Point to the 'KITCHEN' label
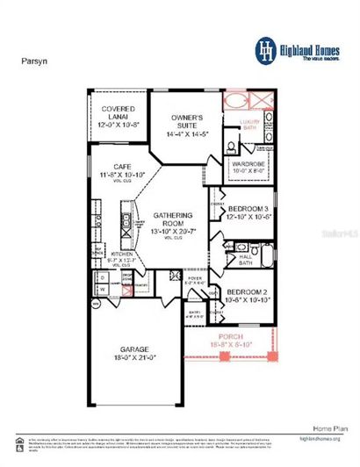(x=120, y=254)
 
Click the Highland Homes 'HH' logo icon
(x=263, y=48)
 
